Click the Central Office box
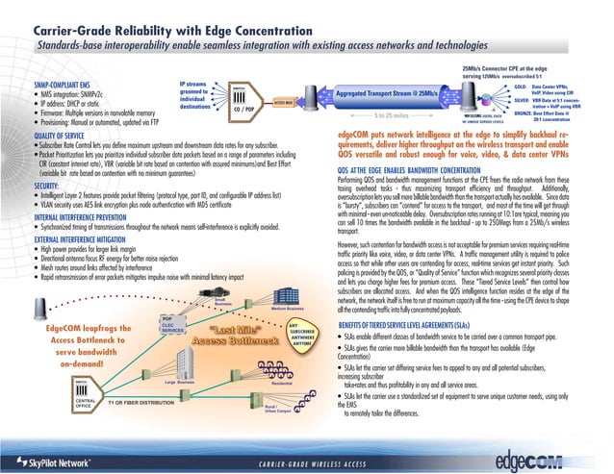point(85,401)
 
